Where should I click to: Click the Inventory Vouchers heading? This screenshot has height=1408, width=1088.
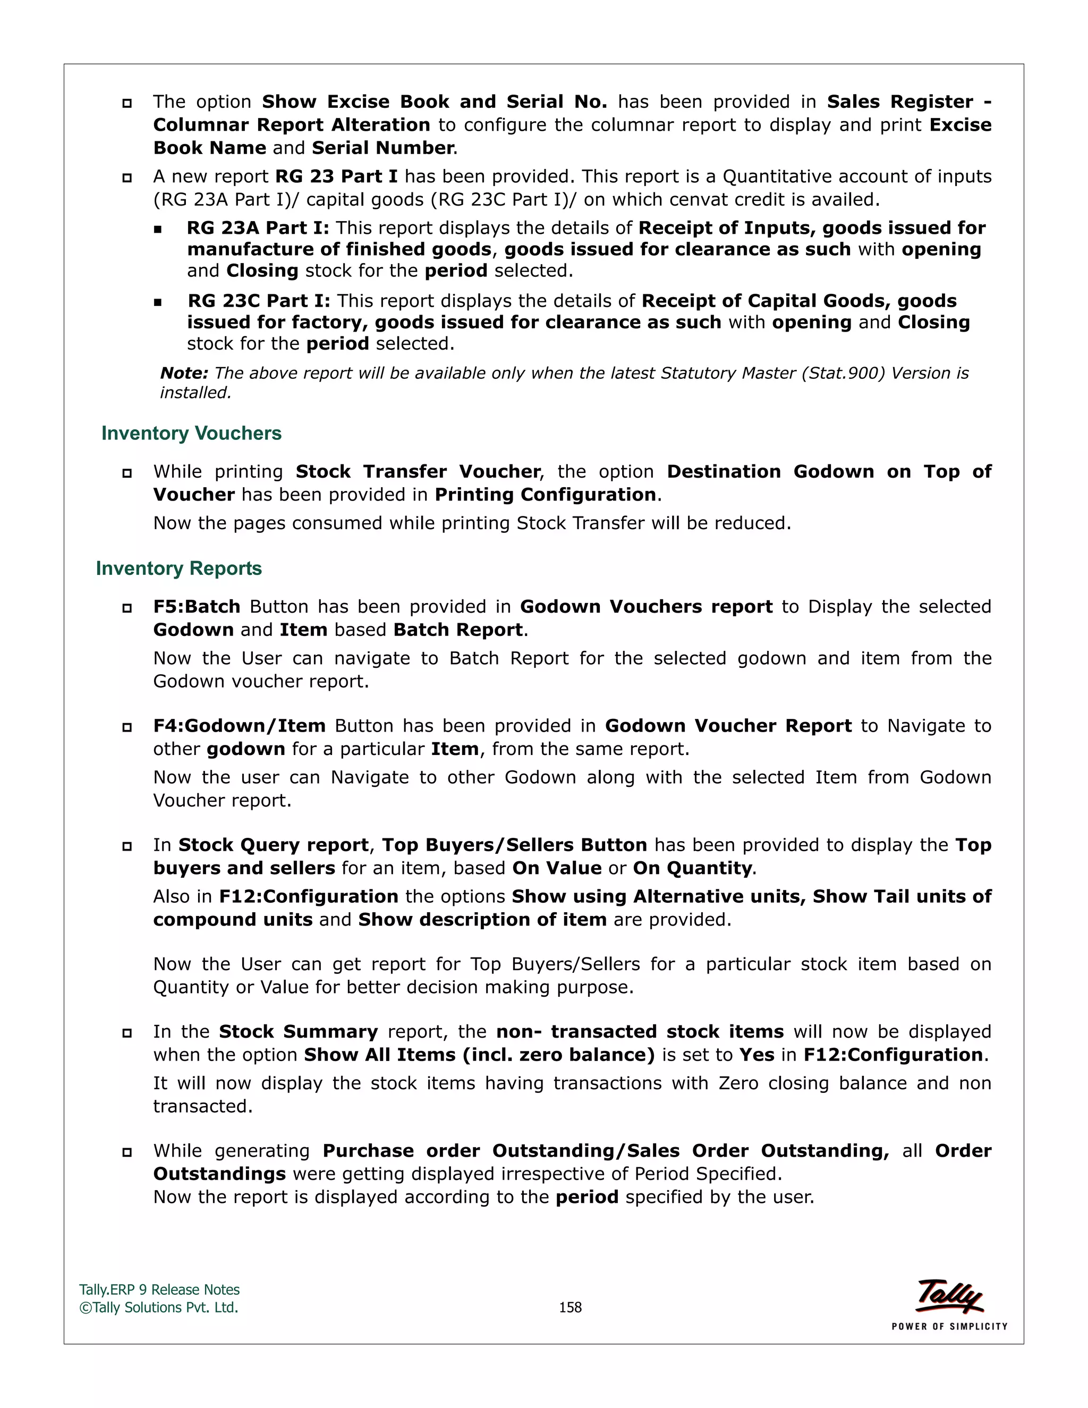191,433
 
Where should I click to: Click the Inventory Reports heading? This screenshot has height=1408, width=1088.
178,569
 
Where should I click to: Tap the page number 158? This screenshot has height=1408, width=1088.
570,1308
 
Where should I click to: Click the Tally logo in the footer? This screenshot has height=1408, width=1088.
949,1296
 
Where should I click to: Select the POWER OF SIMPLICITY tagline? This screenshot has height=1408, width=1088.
949,1327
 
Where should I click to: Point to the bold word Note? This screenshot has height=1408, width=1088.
184,374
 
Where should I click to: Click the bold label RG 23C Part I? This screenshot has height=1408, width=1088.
259,301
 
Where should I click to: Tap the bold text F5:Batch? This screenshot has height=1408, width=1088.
197,607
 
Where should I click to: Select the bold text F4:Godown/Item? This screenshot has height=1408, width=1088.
239,726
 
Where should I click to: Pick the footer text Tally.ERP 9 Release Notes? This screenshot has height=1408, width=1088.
159,1290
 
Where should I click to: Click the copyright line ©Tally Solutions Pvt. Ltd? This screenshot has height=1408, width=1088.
158,1308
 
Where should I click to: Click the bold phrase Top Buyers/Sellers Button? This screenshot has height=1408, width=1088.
514,845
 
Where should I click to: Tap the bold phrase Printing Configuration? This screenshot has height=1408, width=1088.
545,495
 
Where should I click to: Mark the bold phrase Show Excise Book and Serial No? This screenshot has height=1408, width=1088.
434,102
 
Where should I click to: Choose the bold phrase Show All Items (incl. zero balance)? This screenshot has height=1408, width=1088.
479,1055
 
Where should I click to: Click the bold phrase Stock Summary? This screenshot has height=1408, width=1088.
298,1031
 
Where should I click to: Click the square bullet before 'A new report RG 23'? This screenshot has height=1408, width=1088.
127,178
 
